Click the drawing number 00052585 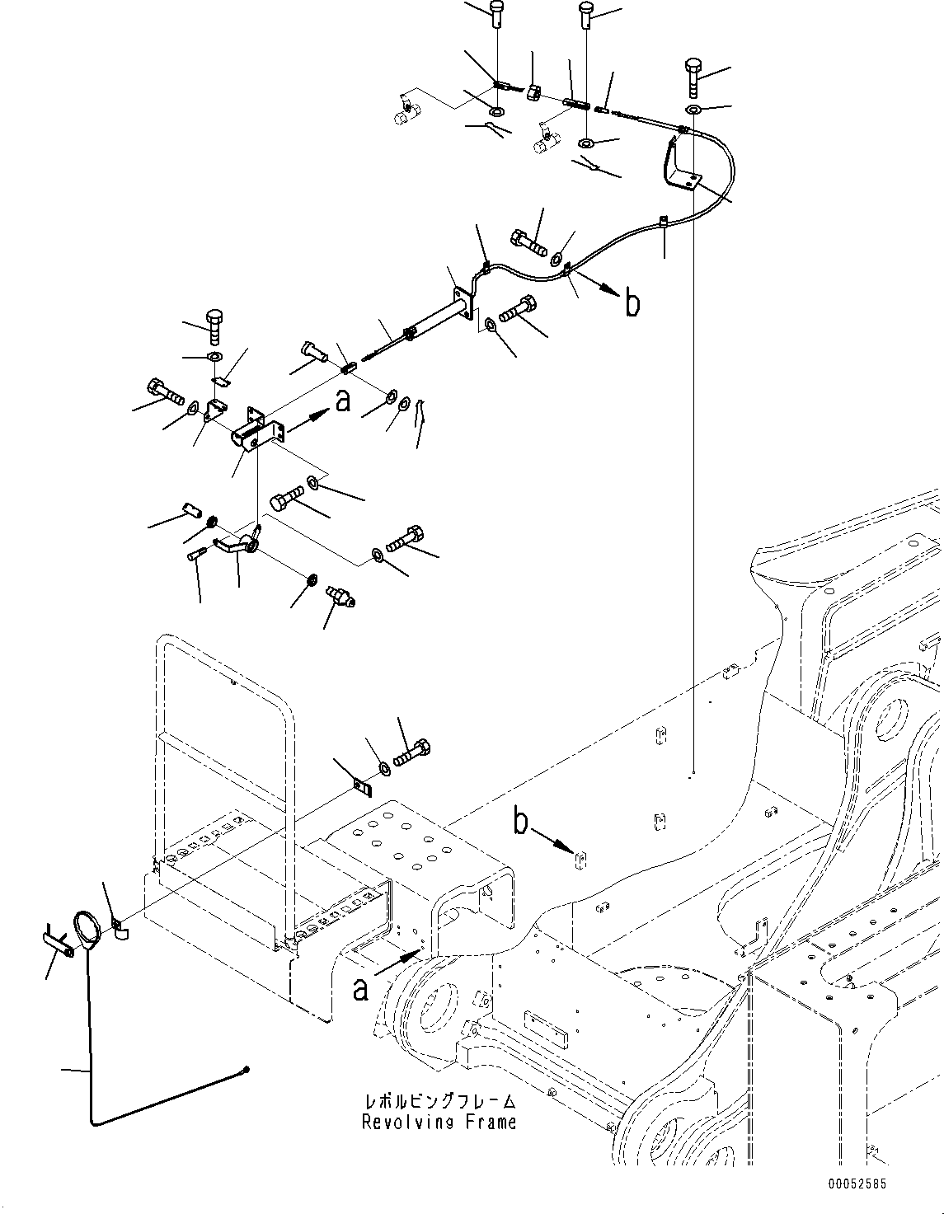point(857,1184)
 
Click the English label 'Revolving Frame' point(439,1122)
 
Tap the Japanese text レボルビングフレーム point(440,1102)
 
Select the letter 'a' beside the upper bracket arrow point(343,401)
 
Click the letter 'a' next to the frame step point(361,988)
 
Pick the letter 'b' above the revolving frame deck point(521,822)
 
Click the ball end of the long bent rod point(247,1070)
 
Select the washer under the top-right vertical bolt point(693,110)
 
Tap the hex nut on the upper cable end point(533,93)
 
